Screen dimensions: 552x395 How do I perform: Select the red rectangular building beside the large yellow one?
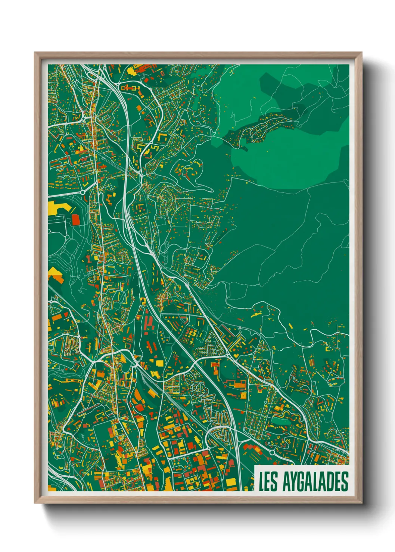click(x=76, y=220)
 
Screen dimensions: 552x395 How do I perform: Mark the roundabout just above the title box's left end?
click(x=272, y=452)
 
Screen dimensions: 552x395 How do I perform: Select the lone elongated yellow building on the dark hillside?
click(x=256, y=315)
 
